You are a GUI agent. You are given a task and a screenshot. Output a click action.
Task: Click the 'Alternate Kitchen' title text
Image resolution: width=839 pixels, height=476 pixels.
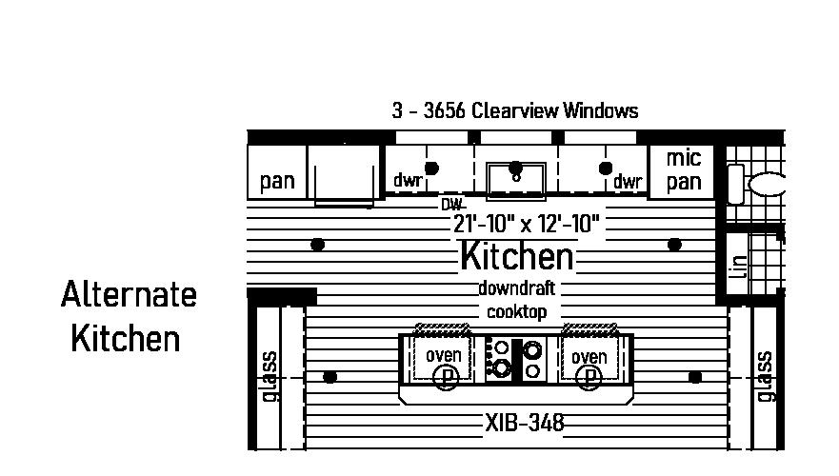click(x=128, y=316)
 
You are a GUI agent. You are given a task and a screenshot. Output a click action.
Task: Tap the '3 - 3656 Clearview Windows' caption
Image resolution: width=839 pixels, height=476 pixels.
click(x=514, y=110)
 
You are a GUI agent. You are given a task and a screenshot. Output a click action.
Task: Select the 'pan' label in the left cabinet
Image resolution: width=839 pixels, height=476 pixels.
click(x=277, y=181)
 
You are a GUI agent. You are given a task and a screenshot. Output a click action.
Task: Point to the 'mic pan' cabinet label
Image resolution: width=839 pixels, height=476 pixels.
click(x=684, y=169)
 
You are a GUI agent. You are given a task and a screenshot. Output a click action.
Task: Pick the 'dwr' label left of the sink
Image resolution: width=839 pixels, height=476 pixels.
click(x=408, y=180)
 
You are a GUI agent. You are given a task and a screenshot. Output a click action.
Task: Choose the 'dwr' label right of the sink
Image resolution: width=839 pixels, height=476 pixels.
click(x=628, y=181)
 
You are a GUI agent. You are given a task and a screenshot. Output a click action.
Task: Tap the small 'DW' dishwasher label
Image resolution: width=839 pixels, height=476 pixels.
click(x=451, y=204)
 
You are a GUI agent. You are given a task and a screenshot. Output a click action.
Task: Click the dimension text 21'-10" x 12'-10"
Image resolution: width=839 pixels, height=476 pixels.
click(x=526, y=224)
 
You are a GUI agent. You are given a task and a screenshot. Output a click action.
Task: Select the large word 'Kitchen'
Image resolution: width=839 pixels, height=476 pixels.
click(x=517, y=256)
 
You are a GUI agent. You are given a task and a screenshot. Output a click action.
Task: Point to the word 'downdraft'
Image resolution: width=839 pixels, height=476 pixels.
click(x=517, y=288)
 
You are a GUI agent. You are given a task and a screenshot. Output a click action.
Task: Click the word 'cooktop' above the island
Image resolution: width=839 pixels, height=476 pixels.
click(x=517, y=311)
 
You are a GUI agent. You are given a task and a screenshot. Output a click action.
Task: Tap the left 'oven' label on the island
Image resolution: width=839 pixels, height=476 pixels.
click(x=444, y=356)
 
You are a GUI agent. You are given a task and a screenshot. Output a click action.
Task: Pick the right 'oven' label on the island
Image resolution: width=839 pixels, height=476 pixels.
click(x=589, y=357)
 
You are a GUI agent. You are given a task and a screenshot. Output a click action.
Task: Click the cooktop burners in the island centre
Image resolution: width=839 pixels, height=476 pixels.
click(x=515, y=358)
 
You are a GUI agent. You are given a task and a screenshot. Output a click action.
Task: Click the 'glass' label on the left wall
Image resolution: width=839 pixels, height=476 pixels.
click(x=270, y=376)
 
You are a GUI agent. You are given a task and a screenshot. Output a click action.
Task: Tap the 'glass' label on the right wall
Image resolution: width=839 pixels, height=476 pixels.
click(x=764, y=376)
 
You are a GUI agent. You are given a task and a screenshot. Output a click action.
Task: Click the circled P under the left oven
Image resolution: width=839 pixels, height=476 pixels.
click(x=445, y=377)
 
